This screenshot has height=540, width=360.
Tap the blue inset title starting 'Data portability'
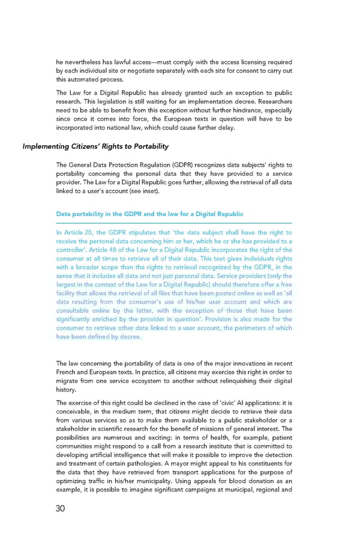tap(149, 214)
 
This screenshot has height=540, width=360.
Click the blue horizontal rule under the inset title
tap(174, 223)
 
